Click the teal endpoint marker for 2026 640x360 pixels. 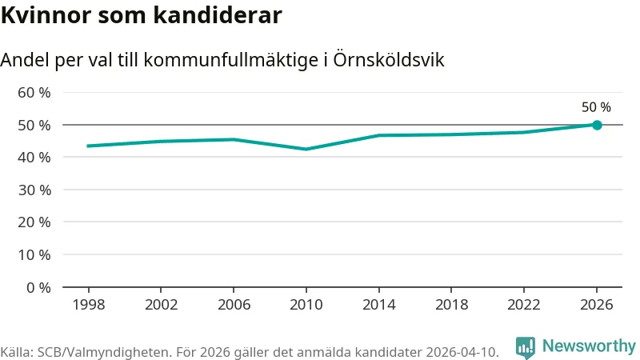tap(597, 125)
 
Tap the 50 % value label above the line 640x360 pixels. tap(596, 107)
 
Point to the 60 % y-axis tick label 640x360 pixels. tap(34, 93)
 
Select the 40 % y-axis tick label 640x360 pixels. tap(34, 157)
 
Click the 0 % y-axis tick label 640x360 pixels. tap(38, 288)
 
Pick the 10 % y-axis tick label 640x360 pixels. tap(34, 255)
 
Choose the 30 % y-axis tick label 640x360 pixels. tap(34, 190)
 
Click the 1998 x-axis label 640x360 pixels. tap(89, 305)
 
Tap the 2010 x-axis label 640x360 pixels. tap(306, 305)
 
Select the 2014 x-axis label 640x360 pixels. tap(378, 305)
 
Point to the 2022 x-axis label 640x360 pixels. tap(524, 305)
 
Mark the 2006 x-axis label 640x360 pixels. tap(234, 305)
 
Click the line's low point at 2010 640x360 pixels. tap(306, 149)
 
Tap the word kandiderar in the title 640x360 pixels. tap(218, 15)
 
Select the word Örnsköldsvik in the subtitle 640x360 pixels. tap(389, 59)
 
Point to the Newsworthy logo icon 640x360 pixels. tap(526, 348)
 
